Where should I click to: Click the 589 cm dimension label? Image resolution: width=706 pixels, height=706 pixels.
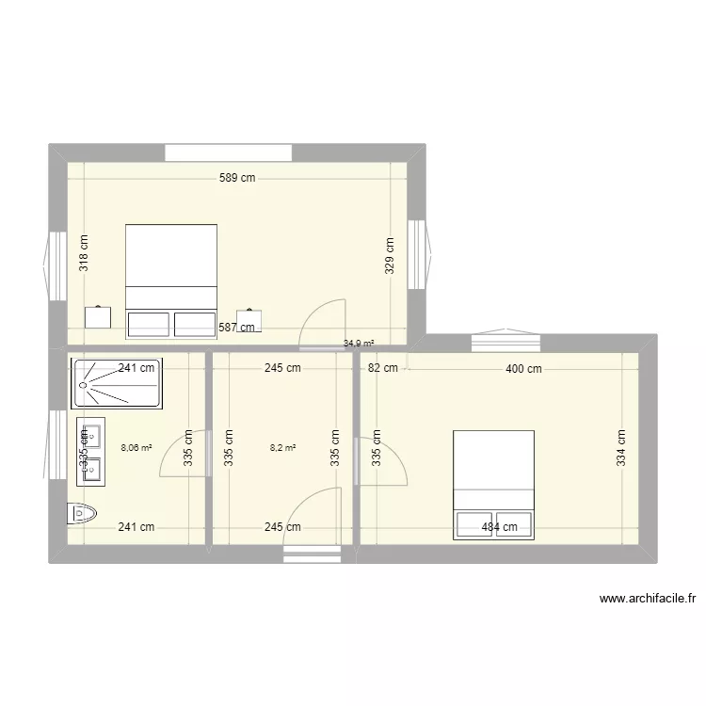[x=237, y=177]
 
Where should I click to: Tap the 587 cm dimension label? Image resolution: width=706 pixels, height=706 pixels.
[x=236, y=328]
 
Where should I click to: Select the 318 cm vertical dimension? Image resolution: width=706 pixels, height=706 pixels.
[x=84, y=253]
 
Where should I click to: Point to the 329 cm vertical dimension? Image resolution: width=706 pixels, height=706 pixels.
[x=390, y=253]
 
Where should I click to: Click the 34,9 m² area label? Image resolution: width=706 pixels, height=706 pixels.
[x=359, y=344]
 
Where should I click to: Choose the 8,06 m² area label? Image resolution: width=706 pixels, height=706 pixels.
[x=136, y=448]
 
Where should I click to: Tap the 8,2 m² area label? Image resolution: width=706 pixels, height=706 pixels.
[x=282, y=448]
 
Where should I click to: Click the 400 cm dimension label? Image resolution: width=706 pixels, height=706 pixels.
[x=523, y=369]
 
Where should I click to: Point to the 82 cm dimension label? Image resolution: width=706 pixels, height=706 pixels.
[x=383, y=369]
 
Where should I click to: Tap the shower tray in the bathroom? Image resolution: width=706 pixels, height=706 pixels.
[x=117, y=382]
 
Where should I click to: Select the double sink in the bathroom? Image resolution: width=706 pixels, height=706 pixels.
[x=90, y=451]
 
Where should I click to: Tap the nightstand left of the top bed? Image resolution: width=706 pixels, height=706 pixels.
[x=97, y=316]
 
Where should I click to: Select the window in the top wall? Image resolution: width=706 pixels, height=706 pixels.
[x=228, y=152]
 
